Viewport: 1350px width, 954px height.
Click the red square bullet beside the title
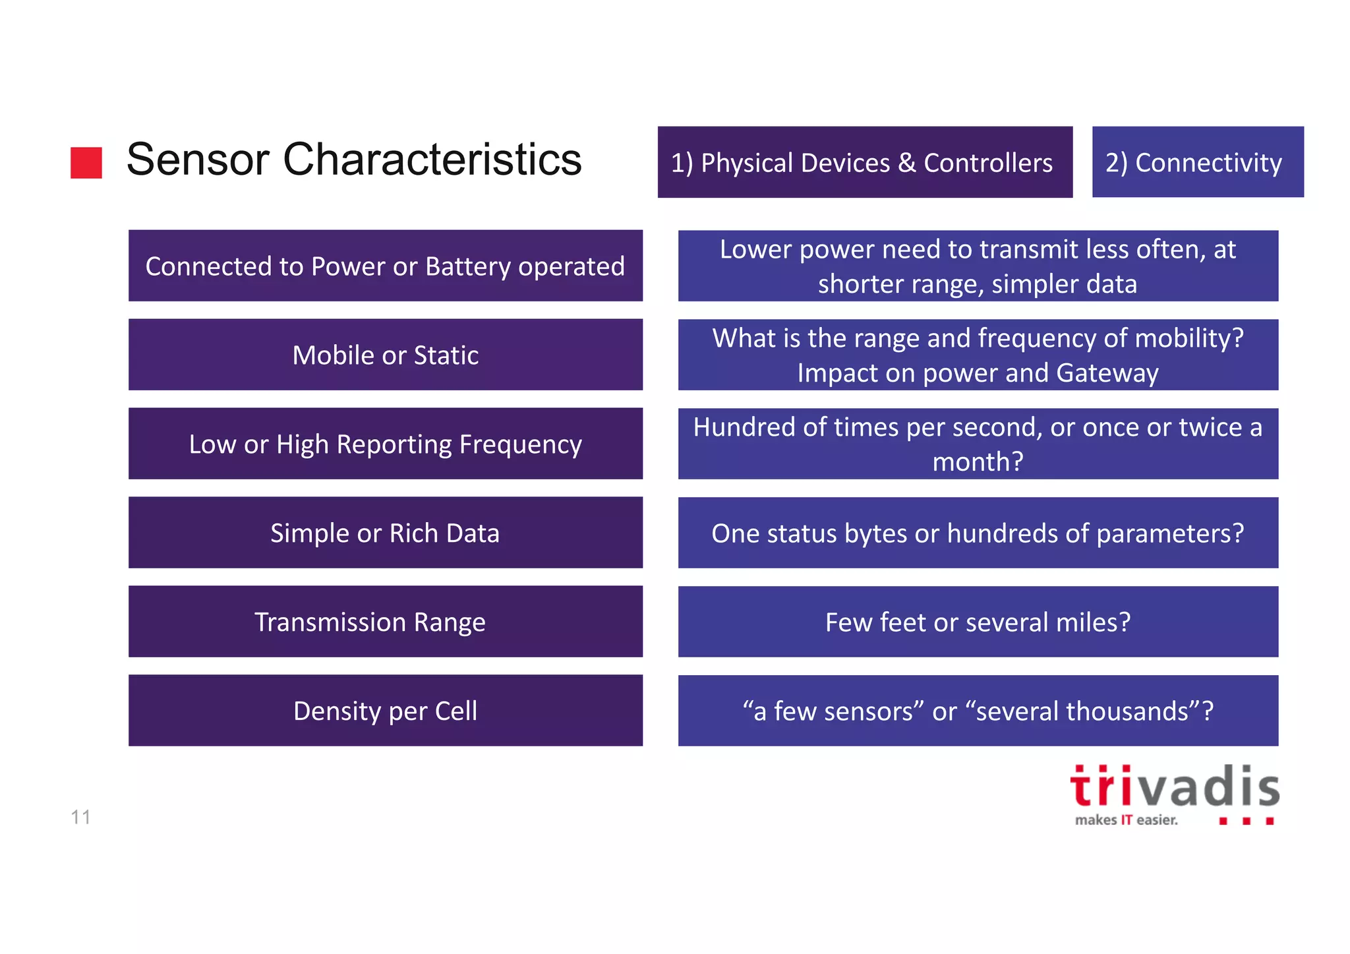click(x=86, y=162)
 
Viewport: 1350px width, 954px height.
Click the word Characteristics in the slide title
click(x=432, y=160)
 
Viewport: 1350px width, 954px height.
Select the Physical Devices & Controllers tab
click(x=864, y=162)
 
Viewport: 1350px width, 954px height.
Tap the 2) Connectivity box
click(x=1197, y=162)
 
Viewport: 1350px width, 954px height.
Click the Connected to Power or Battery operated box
click(x=385, y=266)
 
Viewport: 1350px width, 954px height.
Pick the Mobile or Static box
click(x=385, y=355)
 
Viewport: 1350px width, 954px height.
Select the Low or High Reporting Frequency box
click(x=385, y=444)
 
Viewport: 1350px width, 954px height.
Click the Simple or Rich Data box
click(x=385, y=533)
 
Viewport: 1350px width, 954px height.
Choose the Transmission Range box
click(x=385, y=622)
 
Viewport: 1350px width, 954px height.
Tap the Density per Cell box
click(x=385, y=711)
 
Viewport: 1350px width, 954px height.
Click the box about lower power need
click(x=978, y=266)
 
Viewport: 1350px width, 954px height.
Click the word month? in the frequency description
click(x=978, y=462)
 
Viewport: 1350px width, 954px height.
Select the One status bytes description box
click(x=978, y=533)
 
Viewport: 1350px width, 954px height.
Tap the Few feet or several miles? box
click(x=978, y=622)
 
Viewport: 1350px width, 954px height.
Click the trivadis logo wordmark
click(x=1174, y=787)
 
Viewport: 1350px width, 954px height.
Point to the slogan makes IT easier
click(x=1126, y=820)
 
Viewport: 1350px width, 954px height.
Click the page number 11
click(x=80, y=818)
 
